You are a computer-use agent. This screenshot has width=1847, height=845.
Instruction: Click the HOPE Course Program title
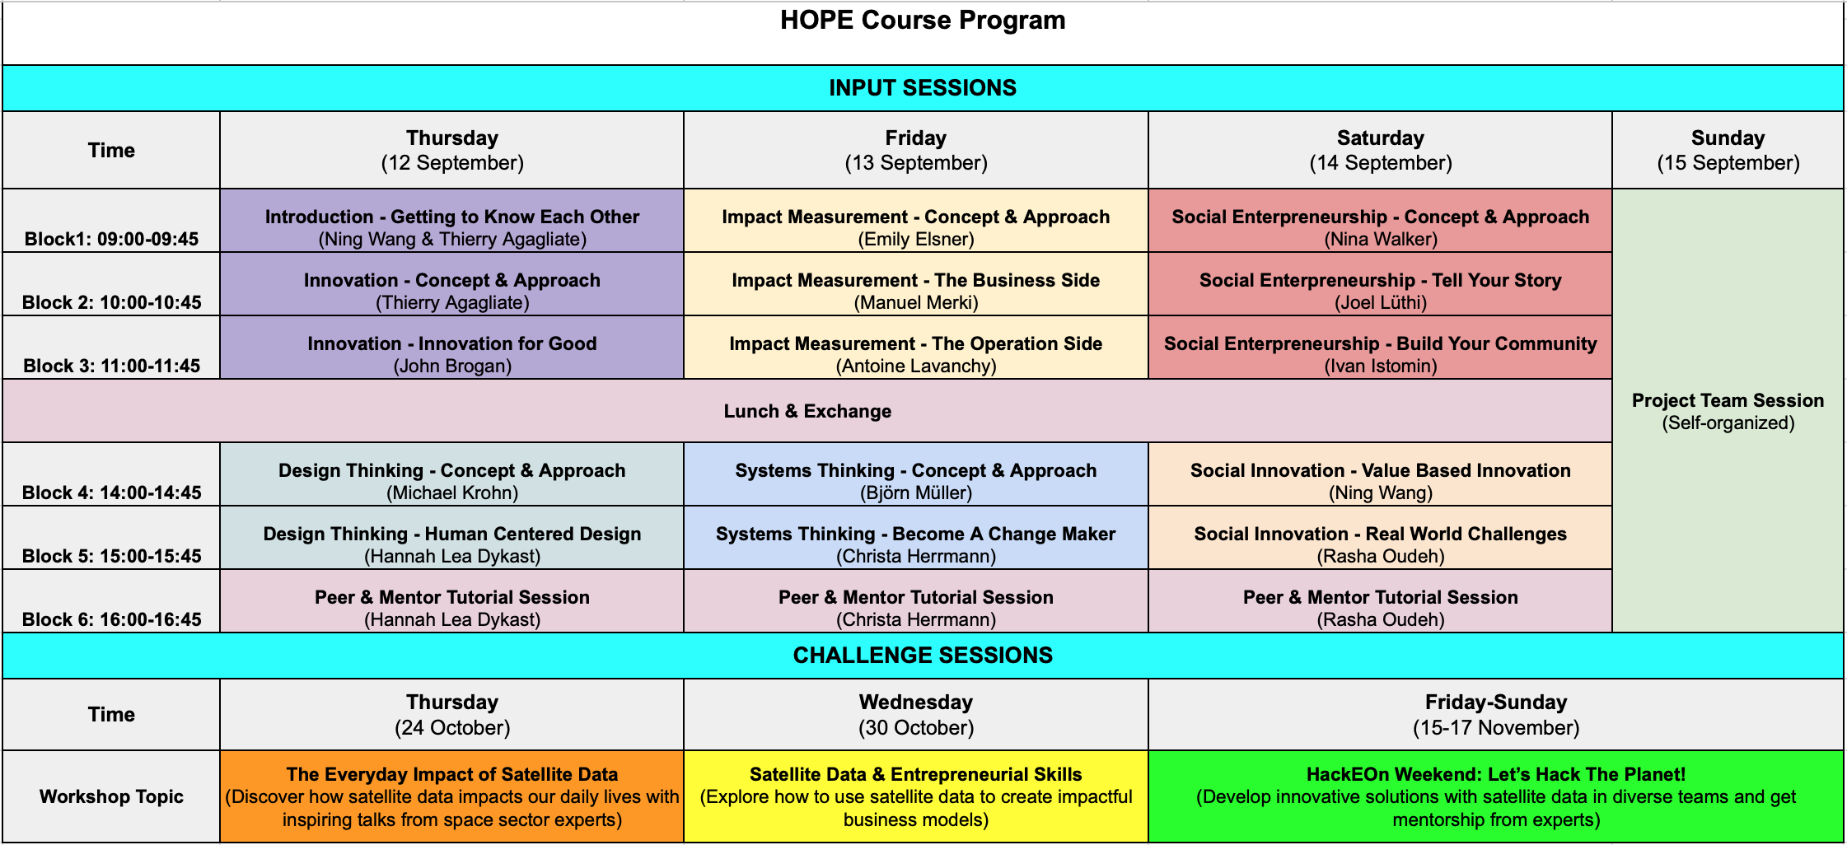pos(923,20)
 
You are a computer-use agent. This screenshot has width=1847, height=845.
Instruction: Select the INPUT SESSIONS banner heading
pos(923,88)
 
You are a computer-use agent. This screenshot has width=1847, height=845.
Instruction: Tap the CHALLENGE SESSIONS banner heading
pos(923,656)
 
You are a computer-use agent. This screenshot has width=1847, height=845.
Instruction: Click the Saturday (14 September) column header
pos(1381,150)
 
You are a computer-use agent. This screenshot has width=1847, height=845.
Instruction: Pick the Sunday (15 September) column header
pos(1728,150)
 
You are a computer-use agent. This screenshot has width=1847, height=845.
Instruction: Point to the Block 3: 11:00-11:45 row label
pos(111,366)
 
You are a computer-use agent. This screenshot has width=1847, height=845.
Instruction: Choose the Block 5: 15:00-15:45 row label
pos(111,556)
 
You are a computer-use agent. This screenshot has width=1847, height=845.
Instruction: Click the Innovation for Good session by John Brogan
pos(452,348)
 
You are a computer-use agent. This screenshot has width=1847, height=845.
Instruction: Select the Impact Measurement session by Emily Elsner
pos(916,221)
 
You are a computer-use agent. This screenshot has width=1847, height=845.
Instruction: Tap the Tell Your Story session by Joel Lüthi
pos(1381,284)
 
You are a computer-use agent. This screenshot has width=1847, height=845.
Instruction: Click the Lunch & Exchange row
pos(807,411)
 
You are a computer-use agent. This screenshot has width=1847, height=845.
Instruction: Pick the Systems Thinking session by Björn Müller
pos(916,474)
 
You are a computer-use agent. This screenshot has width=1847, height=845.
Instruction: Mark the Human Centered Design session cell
pos(452,538)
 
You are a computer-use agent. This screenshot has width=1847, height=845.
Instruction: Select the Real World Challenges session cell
pos(1381,538)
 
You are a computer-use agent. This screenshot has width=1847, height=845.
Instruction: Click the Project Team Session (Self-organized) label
pos(1728,411)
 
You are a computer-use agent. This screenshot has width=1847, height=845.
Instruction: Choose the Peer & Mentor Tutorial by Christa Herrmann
pos(916,601)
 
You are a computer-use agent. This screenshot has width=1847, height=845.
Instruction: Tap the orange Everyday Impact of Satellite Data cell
pos(452,796)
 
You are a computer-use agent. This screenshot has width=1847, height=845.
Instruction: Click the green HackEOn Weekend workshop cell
pos(1496,796)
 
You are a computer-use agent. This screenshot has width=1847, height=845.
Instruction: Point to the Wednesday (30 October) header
pos(916,714)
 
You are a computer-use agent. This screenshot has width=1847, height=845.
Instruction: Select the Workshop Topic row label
pos(111,796)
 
